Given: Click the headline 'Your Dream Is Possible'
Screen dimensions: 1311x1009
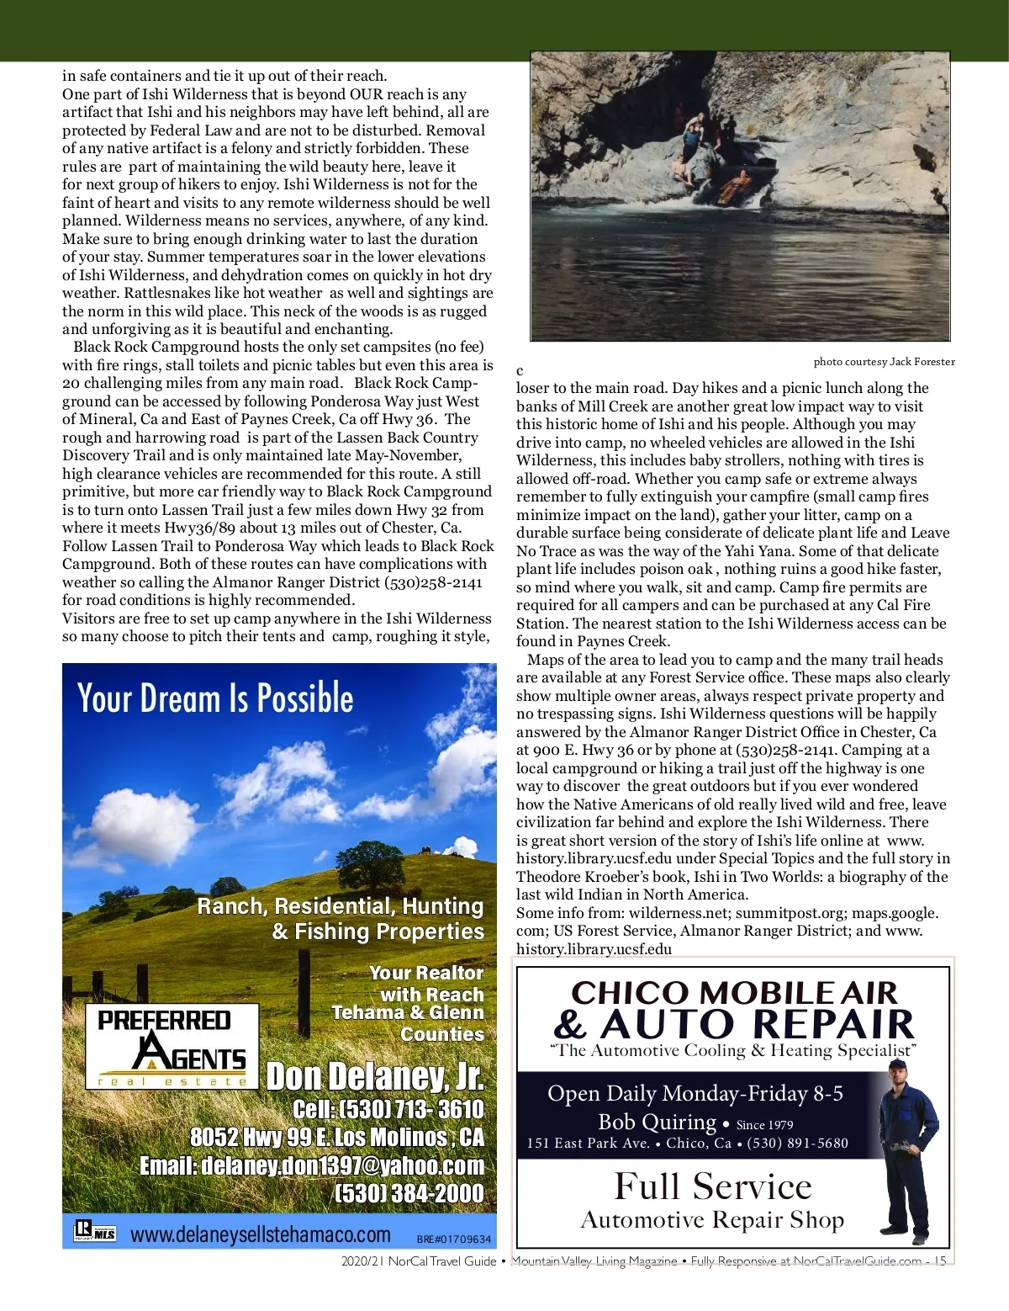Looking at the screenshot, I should tap(215, 698).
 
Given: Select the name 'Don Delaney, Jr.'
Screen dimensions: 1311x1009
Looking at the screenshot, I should tap(375, 1076).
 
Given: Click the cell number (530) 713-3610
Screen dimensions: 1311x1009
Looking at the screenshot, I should tap(388, 1109).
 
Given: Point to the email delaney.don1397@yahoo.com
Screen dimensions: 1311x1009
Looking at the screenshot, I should tap(312, 1165).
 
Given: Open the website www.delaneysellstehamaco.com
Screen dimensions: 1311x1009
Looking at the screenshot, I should tap(261, 1234).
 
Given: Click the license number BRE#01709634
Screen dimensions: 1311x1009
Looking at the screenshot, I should tap(454, 1239).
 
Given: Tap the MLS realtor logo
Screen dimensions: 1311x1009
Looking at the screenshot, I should tap(95, 1232).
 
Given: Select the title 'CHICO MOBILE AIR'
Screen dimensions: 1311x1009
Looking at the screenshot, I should tap(734, 993).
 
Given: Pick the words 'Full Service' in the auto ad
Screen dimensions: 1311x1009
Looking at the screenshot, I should tap(713, 1186).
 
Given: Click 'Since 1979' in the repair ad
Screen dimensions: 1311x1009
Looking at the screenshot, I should tap(764, 1125).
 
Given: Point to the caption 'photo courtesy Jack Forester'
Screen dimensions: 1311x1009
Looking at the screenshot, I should tap(884, 362).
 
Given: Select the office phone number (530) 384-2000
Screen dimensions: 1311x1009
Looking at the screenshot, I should tap(409, 1193).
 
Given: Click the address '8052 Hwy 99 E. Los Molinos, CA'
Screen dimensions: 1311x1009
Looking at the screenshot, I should tap(337, 1138).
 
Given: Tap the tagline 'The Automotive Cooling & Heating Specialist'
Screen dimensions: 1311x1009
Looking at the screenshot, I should tap(732, 1050).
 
